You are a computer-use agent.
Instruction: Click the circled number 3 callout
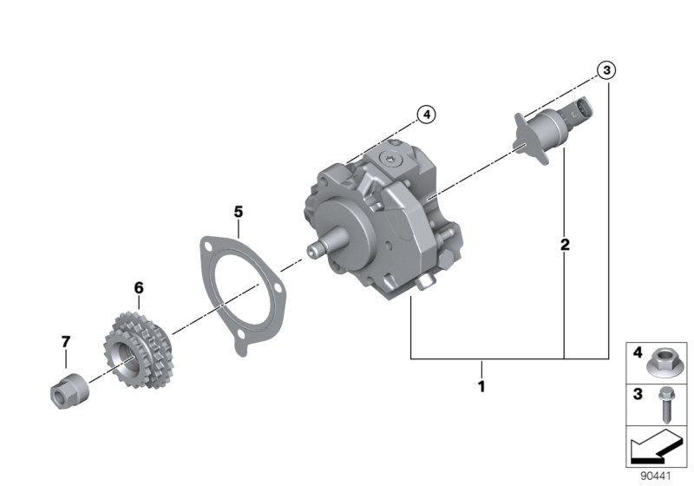click(606, 70)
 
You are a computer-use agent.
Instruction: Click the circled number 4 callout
click(425, 114)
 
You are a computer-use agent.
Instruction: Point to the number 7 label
click(66, 342)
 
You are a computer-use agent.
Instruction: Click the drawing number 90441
click(656, 476)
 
